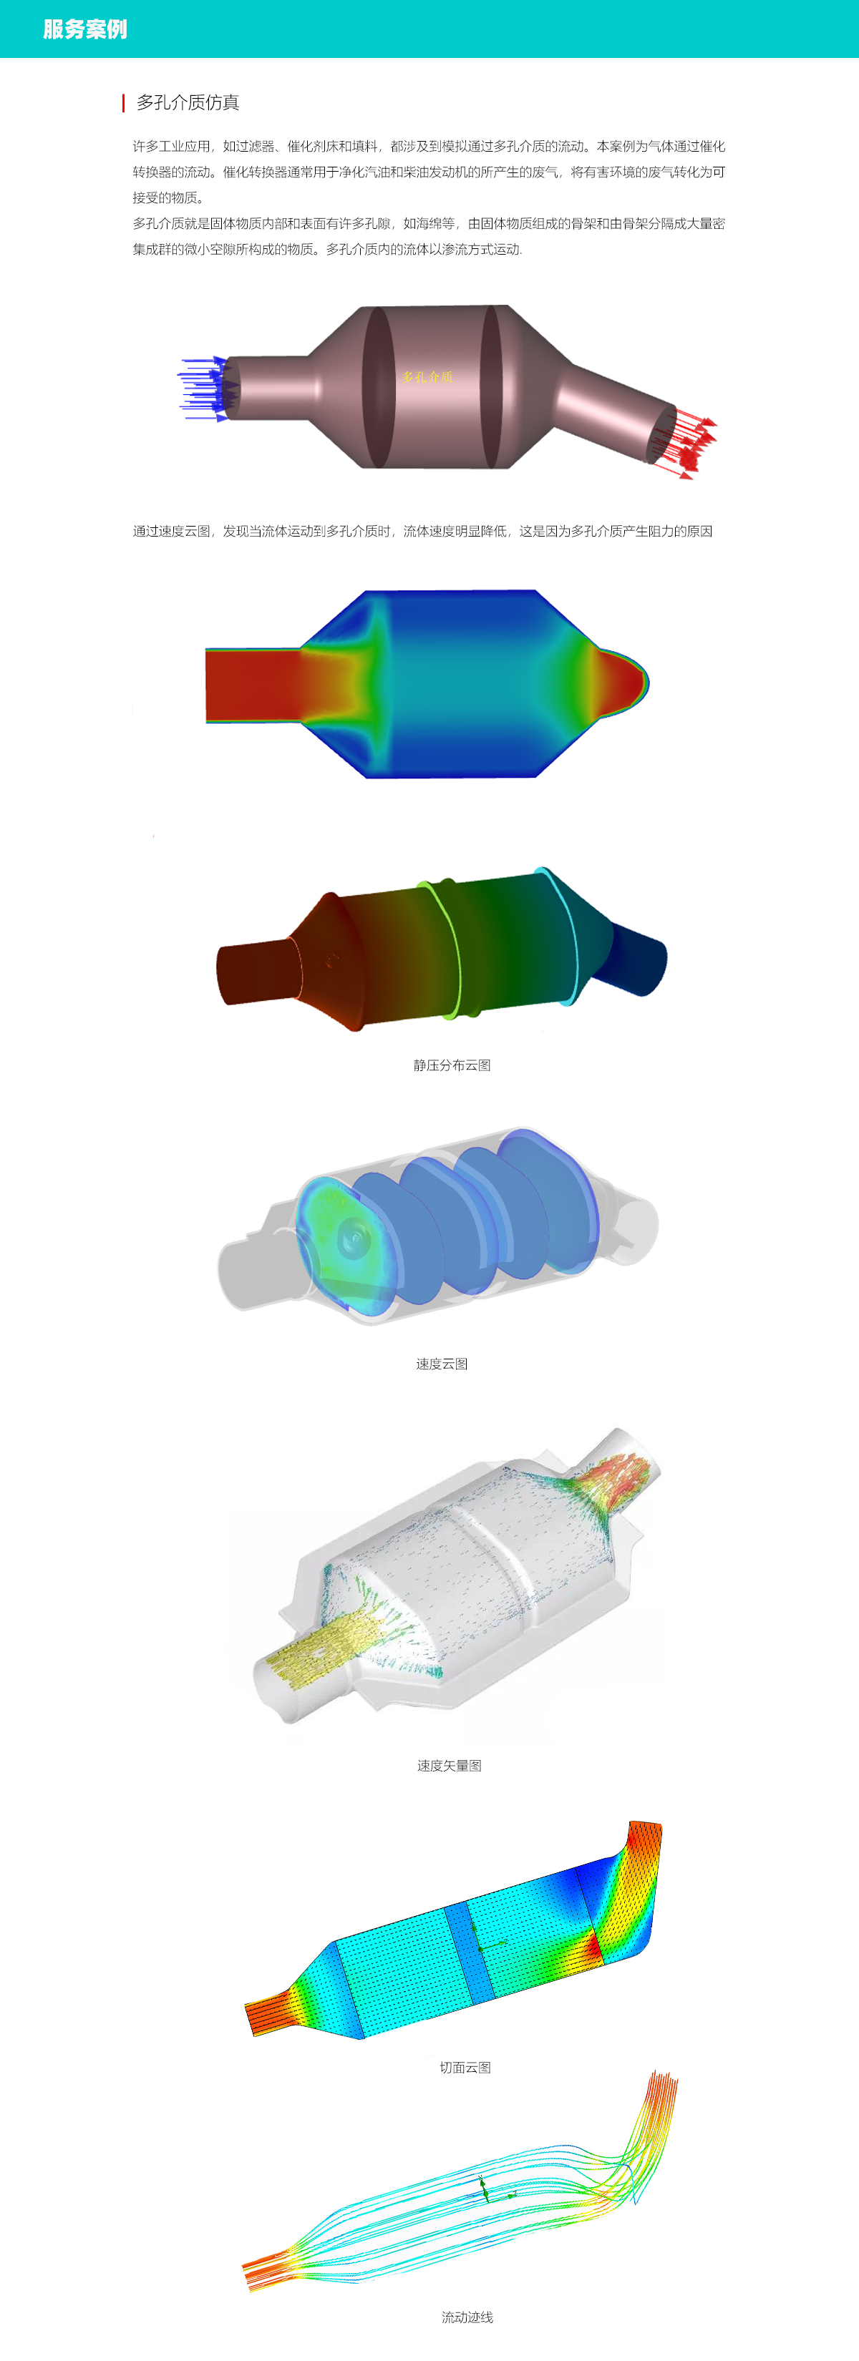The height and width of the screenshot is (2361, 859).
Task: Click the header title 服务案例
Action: [x=84, y=29]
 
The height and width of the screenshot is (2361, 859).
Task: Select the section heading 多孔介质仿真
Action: [x=188, y=102]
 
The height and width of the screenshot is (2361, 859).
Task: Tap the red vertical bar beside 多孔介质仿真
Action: [x=123, y=102]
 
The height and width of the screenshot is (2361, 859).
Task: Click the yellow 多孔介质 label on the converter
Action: [x=427, y=377]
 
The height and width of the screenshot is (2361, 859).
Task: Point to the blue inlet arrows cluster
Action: [x=203, y=388]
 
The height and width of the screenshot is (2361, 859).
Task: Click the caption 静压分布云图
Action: [x=452, y=1065]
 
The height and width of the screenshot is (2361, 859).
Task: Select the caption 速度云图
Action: [x=442, y=1364]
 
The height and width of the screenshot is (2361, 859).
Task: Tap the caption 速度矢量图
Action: [x=450, y=1765]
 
